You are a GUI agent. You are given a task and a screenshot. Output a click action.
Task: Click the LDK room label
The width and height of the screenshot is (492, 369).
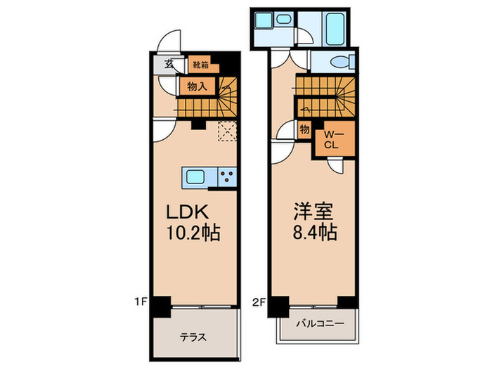click(x=187, y=212)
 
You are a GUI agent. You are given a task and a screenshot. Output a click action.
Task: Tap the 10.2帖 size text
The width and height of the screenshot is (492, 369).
click(x=193, y=233)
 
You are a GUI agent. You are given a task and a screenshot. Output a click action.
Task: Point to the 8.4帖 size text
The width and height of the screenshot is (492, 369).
click(x=315, y=232)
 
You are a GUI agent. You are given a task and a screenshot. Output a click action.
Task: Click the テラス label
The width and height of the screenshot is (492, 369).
click(x=193, y=337)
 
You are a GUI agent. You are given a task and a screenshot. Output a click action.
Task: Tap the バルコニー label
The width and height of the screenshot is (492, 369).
click(x=320, y=323)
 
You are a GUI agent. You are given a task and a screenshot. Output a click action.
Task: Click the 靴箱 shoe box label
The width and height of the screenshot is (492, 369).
click(x=200, y=65)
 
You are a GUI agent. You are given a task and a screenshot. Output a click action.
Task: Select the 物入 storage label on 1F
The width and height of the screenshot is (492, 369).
click(x=197, y=86)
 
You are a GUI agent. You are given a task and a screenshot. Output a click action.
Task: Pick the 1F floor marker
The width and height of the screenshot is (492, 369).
click(x=141, y=302)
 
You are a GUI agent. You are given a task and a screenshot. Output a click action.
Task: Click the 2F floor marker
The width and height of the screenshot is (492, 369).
click(x=259, y=302)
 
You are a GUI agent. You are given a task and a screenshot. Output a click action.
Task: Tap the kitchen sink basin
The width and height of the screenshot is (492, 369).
click(x=195, y=177)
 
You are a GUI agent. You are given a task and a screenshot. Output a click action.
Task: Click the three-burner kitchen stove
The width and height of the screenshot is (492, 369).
click(x=227, y=177)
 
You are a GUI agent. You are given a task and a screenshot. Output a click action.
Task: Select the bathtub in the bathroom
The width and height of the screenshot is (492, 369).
click(x=335, y=30)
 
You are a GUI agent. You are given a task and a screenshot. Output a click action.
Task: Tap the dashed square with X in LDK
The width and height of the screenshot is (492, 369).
click(x=227, y=131)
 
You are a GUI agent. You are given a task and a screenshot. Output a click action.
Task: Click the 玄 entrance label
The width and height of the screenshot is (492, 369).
click(x=169, y=64)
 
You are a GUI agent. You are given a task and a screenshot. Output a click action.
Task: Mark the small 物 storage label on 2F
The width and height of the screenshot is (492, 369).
click(x=304, y=129)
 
